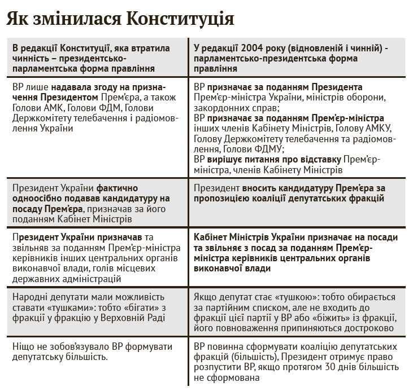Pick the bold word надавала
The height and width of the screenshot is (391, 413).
73,88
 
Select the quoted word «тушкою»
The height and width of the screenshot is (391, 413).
276,297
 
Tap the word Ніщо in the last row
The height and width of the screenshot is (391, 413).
23,346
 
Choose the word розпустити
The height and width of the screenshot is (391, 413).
218,367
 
